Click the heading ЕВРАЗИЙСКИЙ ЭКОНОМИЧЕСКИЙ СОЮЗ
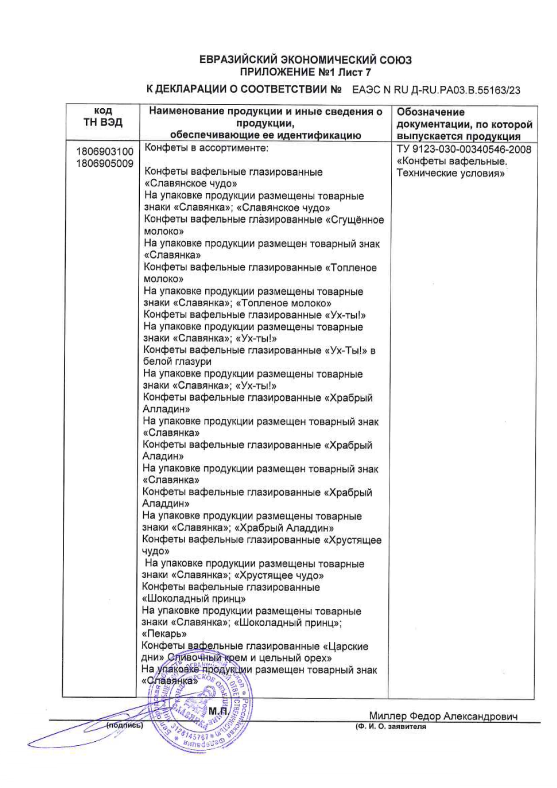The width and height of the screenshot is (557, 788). coord(305,60)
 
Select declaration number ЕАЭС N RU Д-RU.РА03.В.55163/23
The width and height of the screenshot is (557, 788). coord(436,90)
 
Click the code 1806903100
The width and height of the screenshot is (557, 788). coord(105,152)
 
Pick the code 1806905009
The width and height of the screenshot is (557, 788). coord(105,164)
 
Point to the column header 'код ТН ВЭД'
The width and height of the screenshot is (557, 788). coord(103,117)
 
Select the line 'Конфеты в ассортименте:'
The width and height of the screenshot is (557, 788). coord(206,148)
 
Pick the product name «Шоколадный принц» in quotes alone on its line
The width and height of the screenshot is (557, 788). coord(194,599)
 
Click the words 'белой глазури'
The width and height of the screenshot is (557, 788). coord(177,362)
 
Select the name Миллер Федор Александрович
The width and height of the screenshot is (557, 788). coord(443,716)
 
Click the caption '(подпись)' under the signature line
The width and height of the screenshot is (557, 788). coord(124,725)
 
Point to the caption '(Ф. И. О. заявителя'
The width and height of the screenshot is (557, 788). coord(390,726)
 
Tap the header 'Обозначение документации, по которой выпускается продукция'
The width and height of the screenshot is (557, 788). coord(464,124)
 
